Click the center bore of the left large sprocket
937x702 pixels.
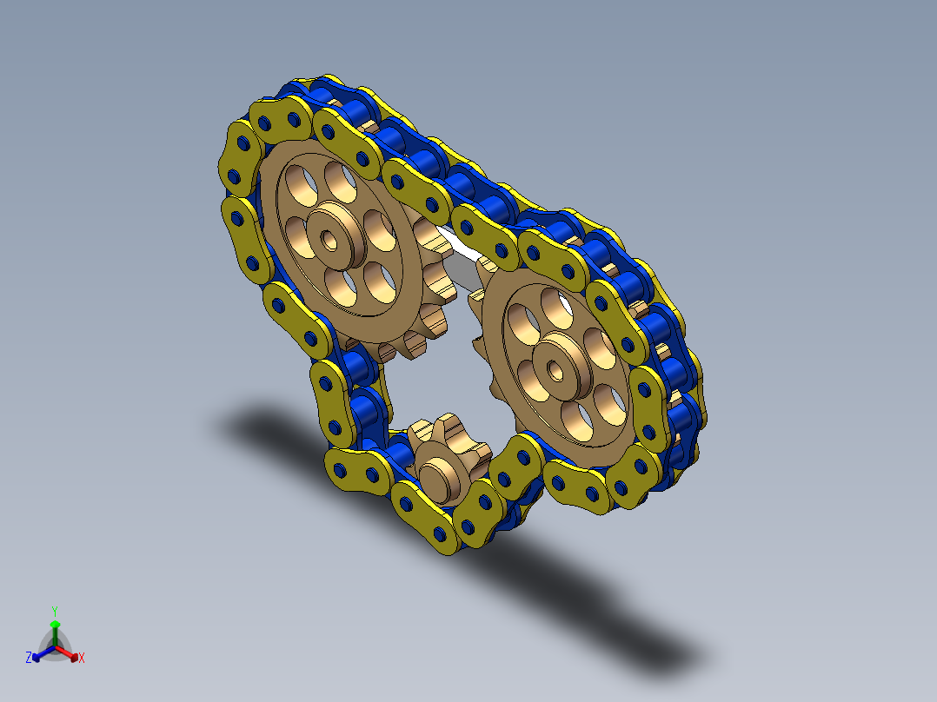pos(329,240)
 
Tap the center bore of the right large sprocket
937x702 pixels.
pos(555,371)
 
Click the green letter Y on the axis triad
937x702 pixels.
pos(55,611)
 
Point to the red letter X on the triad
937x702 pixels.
pos(82,658)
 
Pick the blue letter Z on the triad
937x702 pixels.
pos(28,658)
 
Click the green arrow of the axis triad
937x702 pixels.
pos(55,632)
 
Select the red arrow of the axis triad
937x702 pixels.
pos(67,652)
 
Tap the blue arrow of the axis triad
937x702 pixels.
pos(43,653)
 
